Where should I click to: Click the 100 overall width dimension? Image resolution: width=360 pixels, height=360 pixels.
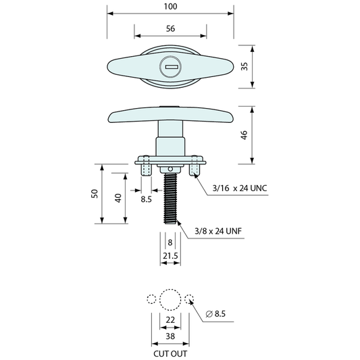click(x=170, y=7)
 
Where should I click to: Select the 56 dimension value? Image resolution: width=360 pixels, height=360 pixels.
click(x=170, y=28)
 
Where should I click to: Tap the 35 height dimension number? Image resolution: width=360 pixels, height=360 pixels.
click(x=245, y=66)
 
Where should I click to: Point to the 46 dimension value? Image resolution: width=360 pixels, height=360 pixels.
click(x=245, y=135)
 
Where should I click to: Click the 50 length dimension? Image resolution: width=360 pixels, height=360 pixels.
click(x=95, y=194)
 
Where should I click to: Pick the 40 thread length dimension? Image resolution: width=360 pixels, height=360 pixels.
click(x=118, y=198)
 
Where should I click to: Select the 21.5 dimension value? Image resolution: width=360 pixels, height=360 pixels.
click(x=170, y=255)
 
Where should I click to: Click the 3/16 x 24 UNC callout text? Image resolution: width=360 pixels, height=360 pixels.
click(x=240, y=188)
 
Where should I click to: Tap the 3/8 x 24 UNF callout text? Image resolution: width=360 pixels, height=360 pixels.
click(x=218, y=231)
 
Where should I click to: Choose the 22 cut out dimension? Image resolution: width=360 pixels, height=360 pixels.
click(x=170, y=319)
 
